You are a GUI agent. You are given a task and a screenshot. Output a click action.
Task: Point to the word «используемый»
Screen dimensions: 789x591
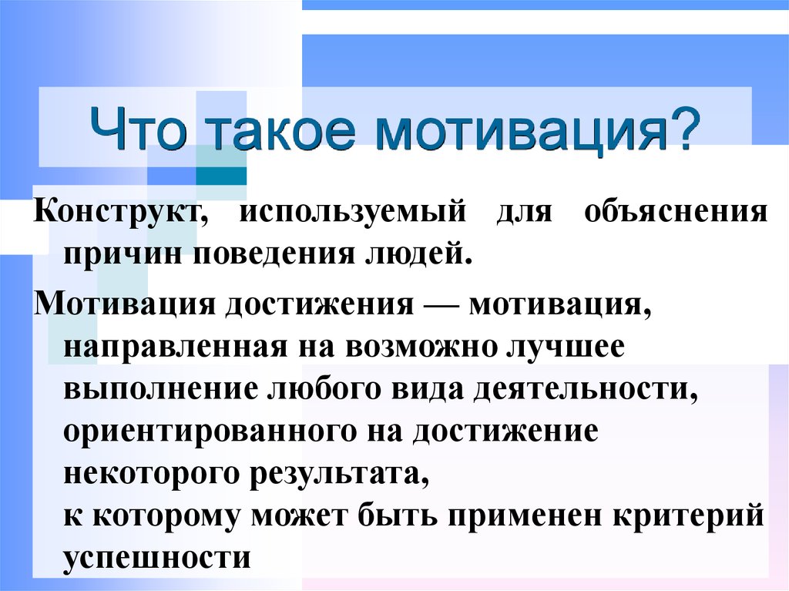(352, 212)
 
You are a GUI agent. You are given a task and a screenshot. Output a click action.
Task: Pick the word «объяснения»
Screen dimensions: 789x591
(676, 210)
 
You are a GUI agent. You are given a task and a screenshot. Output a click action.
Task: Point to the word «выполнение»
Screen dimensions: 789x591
(161, 390)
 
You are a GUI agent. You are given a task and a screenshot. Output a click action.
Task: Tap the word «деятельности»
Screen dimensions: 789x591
(586, 389)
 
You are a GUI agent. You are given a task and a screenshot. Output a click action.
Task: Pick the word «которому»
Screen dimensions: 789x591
(166, 517)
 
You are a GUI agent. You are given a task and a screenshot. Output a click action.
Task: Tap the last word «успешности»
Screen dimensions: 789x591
(157, 559)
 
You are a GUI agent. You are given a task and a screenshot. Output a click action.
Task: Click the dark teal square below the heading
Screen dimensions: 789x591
(221, 176)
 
